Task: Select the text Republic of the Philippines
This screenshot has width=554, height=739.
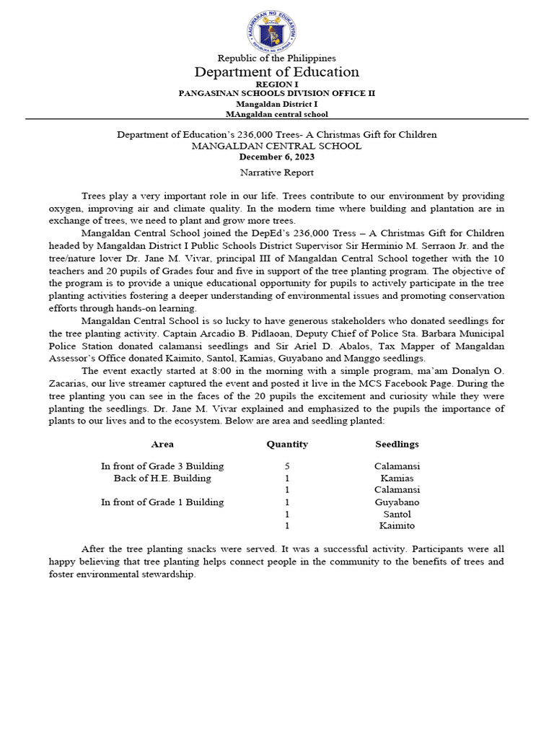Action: point(276,58)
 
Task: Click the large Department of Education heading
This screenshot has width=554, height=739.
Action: point(276,72)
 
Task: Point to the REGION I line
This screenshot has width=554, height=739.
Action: point(276,84)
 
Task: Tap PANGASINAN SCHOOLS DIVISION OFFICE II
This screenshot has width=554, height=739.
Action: point(276,94)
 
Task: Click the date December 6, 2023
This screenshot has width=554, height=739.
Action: point(276,157)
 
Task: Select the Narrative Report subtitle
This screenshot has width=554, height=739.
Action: point(276,172)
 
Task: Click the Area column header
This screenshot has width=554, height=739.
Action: point(162,444)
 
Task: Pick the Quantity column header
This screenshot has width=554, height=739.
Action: point(287,444)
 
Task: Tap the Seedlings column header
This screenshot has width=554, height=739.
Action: point(397,444)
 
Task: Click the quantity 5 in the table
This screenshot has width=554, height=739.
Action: point(287,466)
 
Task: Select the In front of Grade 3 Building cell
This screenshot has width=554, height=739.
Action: point(162,466)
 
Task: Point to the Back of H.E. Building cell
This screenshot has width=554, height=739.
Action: point(162,478)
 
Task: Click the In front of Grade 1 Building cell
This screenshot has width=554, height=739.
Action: point(162,502)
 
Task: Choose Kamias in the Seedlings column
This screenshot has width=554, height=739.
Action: point(397,478)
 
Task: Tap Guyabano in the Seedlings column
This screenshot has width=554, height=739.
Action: point(397,502)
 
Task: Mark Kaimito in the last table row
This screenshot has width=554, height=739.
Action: point(397,525)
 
